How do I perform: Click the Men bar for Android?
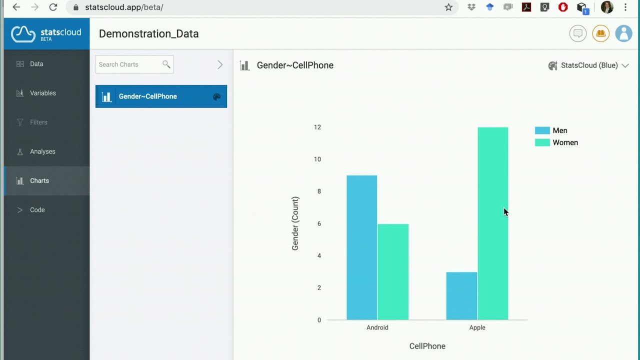tap(361, 247)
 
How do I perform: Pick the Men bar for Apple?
tap(461, 295)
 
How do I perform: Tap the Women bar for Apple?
tap(492, 223)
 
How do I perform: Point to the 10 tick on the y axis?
tap(317, 159)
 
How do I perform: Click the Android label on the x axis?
tap(377, 327)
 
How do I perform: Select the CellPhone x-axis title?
tap(427, 346)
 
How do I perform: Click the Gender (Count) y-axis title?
tap(295, 223)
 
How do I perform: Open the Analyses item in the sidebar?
tap(42, 151)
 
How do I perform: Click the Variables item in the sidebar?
tap(42, 93)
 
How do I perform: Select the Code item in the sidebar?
tap(37, 210)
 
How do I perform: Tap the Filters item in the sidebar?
tap(38, 122)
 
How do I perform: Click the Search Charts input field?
tap(129, 64)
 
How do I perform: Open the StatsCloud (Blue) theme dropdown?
tap(588, 65)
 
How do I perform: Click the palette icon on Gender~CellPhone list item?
tap(216, 97)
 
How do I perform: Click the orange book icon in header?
tap(600, 33)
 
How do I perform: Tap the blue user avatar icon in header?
tap(623, 33)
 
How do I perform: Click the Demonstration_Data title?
tap(148, 34)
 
